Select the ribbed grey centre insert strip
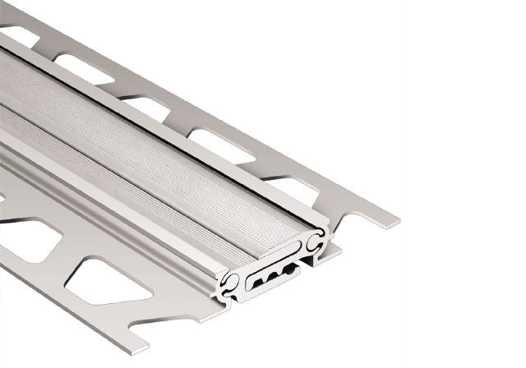164,156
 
